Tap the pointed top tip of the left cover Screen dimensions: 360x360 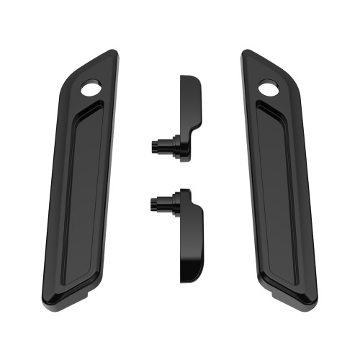click(113, 51)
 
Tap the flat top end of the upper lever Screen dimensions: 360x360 click(189, 76)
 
